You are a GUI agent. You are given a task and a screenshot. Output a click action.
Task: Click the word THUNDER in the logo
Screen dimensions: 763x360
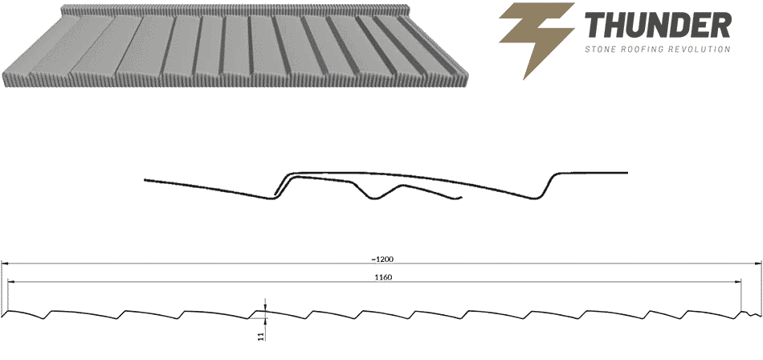[657, 26]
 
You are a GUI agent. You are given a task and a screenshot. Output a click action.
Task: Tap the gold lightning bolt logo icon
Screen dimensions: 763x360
[537, 40]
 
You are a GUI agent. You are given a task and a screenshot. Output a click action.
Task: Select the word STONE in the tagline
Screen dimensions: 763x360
[598, 49]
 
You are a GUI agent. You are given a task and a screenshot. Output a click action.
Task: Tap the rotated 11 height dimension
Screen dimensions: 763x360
[261, 336]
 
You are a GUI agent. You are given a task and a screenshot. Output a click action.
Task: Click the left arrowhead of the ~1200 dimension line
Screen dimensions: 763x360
[4, 264]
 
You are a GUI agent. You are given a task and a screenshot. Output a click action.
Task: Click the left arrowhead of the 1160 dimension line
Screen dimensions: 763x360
[12, 281]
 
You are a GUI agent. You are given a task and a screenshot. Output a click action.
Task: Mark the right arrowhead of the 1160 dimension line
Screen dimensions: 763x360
[737, 281]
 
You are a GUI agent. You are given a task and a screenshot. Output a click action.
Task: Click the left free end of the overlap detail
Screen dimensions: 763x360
[145, 180]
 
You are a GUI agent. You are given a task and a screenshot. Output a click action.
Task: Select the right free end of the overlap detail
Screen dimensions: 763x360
[626, 173]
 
